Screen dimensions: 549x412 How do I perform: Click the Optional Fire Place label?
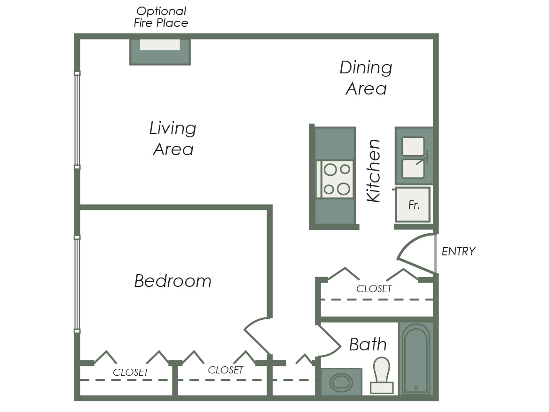coord(161,17)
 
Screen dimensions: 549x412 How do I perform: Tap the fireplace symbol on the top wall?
coord(160,52)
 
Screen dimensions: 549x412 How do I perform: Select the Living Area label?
coord(173,138)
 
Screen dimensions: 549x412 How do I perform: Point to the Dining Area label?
coord(366,78)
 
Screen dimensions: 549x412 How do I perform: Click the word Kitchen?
coord(373,171)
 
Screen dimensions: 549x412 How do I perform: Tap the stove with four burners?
coord(336,179)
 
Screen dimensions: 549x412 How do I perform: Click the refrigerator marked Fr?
coord(413,205)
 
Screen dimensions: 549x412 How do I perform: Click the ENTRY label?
coord(458,251)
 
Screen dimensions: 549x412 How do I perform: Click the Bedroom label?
coord(173,281)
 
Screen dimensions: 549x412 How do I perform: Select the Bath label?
coord(368,344)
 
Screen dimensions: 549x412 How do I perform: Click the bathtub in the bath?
coord(416,359)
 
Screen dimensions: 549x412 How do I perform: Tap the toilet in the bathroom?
coord(382,375)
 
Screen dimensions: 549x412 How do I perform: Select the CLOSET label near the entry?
coord(374,289)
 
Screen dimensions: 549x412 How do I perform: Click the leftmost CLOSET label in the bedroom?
coord(131,372)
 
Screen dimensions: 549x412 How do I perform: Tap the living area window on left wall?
coord(77,120)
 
